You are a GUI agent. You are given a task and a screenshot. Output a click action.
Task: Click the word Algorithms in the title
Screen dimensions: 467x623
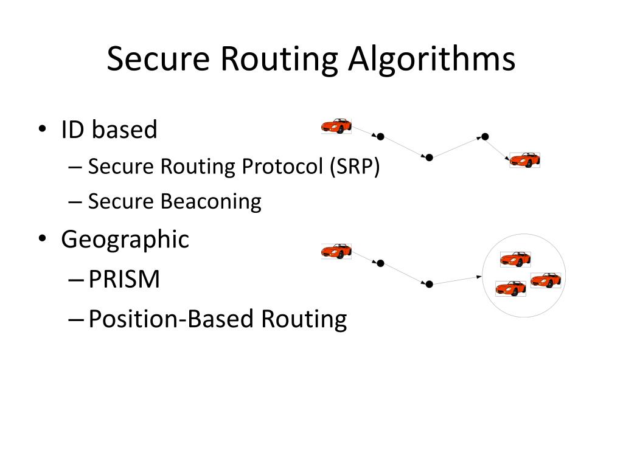tap(432, 60)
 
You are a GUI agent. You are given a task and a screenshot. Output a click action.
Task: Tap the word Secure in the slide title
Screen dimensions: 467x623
tap(158, 60)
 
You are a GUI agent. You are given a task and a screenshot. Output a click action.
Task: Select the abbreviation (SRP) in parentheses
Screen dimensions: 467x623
tap(355, 166)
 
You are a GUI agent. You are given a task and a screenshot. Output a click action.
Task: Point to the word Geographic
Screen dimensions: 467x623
tap(125, 239)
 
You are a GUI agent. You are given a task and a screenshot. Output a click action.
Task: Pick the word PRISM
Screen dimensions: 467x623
tap(124, 279)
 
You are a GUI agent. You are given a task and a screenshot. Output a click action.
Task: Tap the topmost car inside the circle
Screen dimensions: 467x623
tap(515, 259)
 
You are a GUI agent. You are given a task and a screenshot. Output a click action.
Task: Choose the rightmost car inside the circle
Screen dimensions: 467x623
tap(545, 280)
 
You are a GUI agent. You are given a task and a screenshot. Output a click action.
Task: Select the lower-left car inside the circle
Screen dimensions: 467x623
tap(510, 288)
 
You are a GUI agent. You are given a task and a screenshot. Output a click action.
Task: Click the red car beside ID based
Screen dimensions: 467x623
tap(336, 125)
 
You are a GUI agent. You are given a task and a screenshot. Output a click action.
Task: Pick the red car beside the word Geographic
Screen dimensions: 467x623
tap(336, 251)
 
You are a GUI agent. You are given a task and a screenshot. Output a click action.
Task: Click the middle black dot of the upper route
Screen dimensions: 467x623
tap(429, 157)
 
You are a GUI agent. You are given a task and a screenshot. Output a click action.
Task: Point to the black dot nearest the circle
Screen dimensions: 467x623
tap(429, 284)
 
